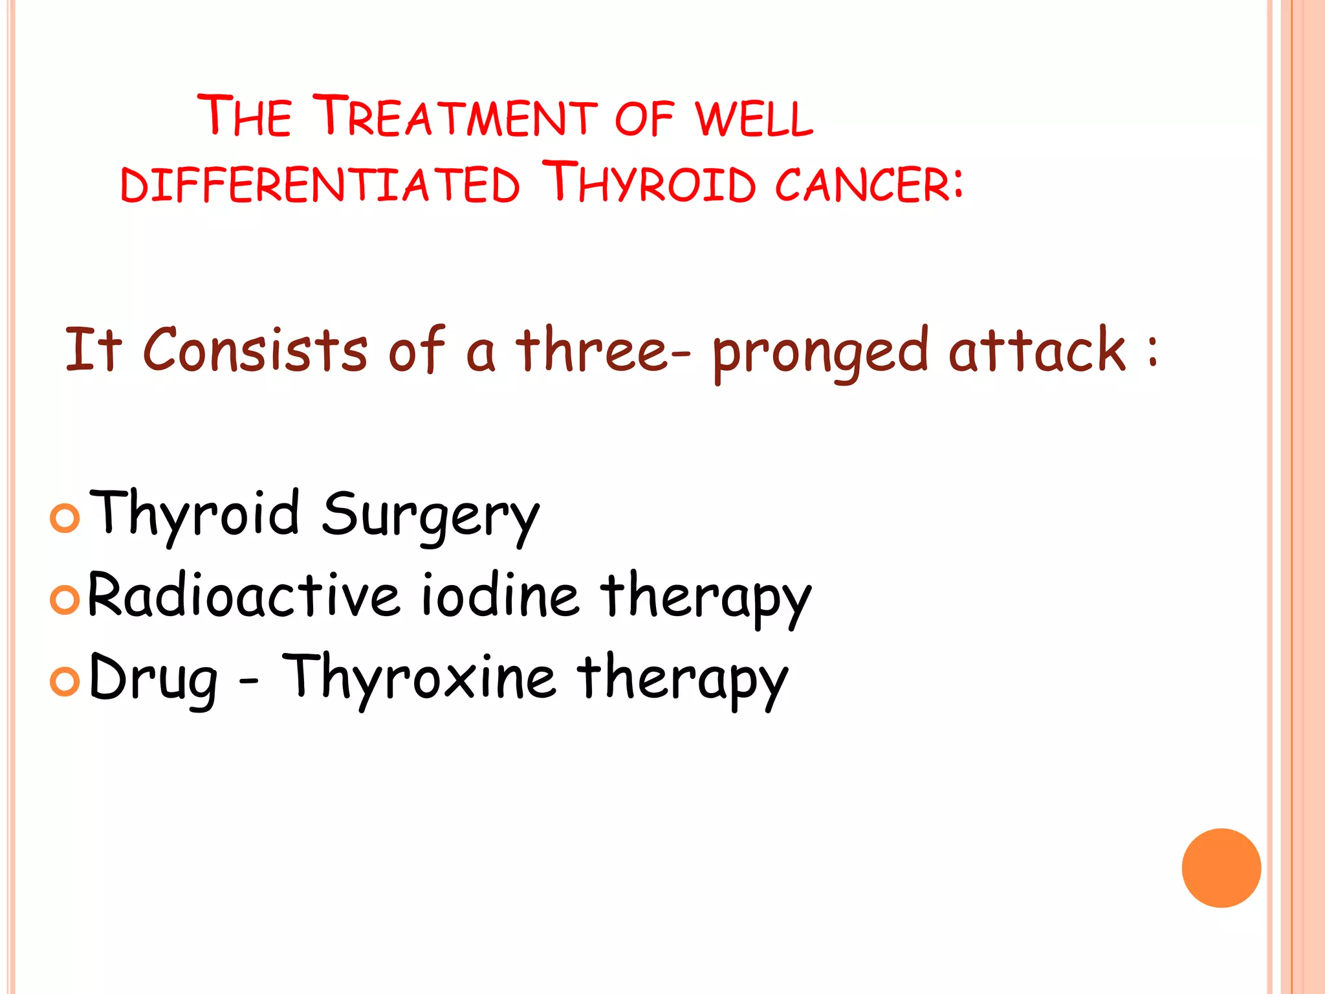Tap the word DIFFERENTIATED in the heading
(x=320, y=184)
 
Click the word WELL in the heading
(x=754, y=118)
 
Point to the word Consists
(x=255, y=350)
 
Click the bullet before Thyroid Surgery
(x=65, y=518)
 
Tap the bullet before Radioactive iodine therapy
(x=65, y=600)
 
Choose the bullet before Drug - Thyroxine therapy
(x=65, y=681)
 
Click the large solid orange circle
(x=1221, y=868)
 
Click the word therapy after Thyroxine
(x=683, y=678)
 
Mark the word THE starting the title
(x=245, y=116)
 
